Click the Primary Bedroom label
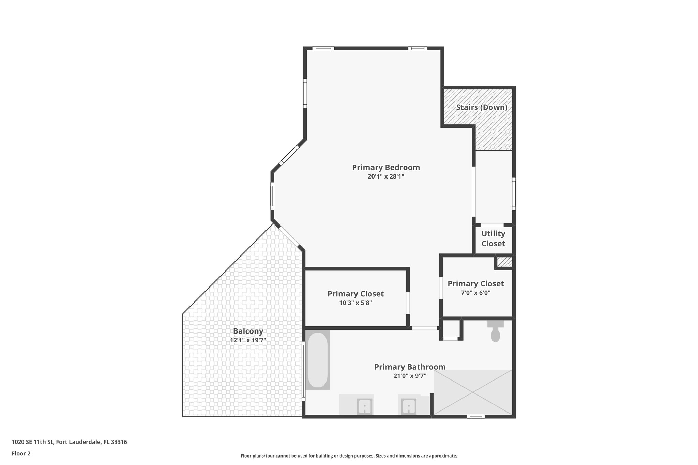(x=386, y=168)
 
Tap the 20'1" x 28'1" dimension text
(x=386, y=176)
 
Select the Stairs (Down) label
(x=482, y=107)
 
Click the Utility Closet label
(x=493, y=238)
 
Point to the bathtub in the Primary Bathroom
(x=318, y=360)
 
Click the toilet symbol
(x=495, y=332)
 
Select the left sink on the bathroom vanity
(x=365, y=406)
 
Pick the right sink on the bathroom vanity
(x=408, y=406)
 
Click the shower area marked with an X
(x=473, y=392)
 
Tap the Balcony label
(x=248, y=331)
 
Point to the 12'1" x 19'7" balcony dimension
(x=248, y=340)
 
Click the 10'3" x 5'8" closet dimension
(x=355, y=303)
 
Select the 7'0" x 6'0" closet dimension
(x=475, y=292)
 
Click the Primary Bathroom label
(x=410, y=367)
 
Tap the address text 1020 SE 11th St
(x=69, y=442)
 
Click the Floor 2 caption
(x=21, y=453)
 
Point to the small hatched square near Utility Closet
(x=504, y=262)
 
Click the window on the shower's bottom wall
(x=475, y=416)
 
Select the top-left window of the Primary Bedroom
(x=323, y=48)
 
